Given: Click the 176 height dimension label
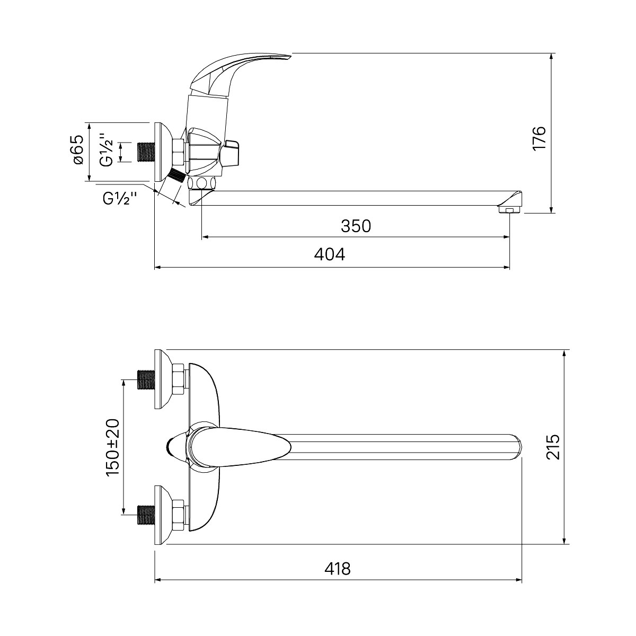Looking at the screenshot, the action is (540, 138).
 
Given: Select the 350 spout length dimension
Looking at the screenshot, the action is (356, 226).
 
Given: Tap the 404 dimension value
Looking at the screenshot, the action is (329, 254).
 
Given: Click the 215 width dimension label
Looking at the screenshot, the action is (552, 447).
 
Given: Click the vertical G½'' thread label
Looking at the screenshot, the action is (107, 150).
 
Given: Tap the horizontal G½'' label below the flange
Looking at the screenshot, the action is (120, 199).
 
